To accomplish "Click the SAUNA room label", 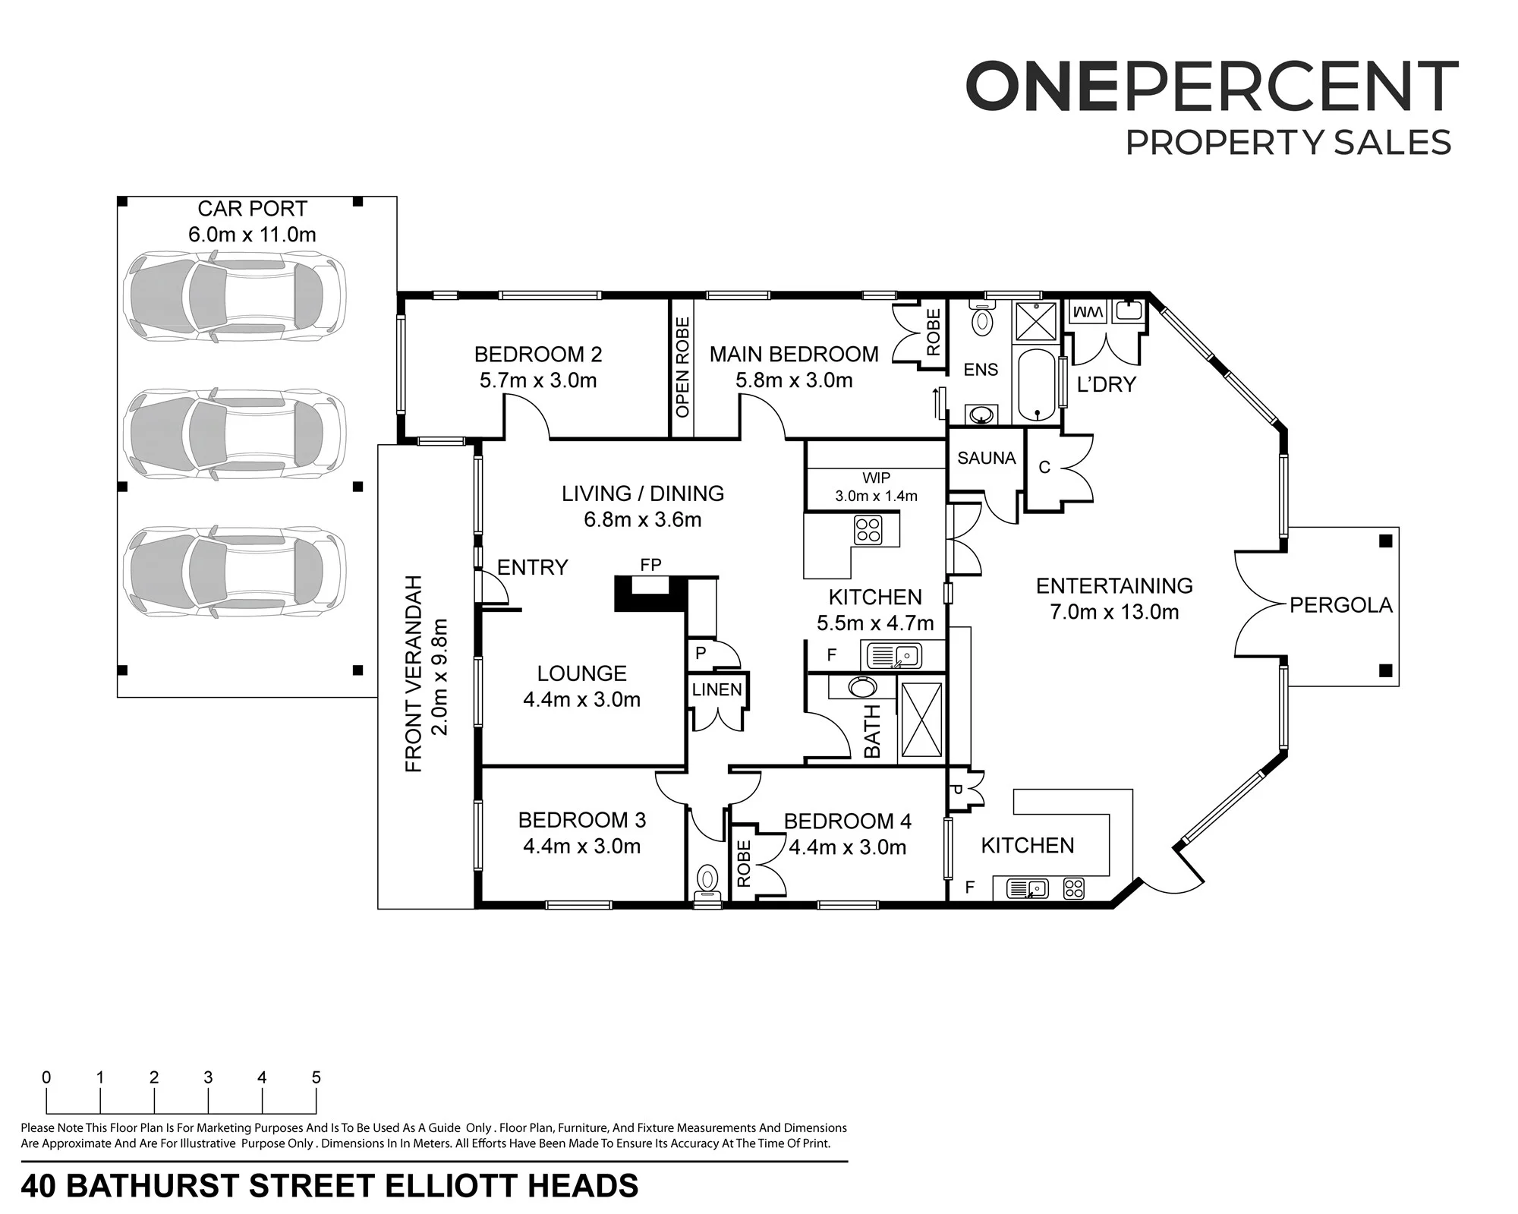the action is (x=986, y=458).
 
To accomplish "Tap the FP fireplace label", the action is (x=650, y=565).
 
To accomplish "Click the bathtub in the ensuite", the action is (x=1036, y=386).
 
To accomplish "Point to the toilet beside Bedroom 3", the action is (x=707, y=883).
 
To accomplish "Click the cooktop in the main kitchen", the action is (x=868, y=530).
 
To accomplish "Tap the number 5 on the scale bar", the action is (x=317, y=1077).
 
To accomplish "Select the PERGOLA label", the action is (x=1341, y=605).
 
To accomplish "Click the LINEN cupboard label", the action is (x=716, y=689).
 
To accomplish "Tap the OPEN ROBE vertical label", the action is (x=682, y=367).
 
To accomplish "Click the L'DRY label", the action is (x=1106, y=384).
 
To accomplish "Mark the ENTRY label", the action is (x=532, y=567).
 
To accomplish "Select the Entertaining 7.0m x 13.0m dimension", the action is (x=1114, y=612).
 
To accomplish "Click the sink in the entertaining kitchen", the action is (x=1027, y=888).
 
